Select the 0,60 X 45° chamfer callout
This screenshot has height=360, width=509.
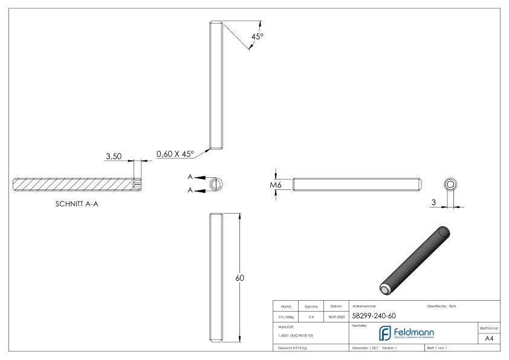click(x=175, y=154)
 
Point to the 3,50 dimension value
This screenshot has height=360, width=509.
click(x=114, y=156)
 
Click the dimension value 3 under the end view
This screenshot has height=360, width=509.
click(x=434, y=202)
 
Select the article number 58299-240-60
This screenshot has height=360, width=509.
click(x=374, y=315)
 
